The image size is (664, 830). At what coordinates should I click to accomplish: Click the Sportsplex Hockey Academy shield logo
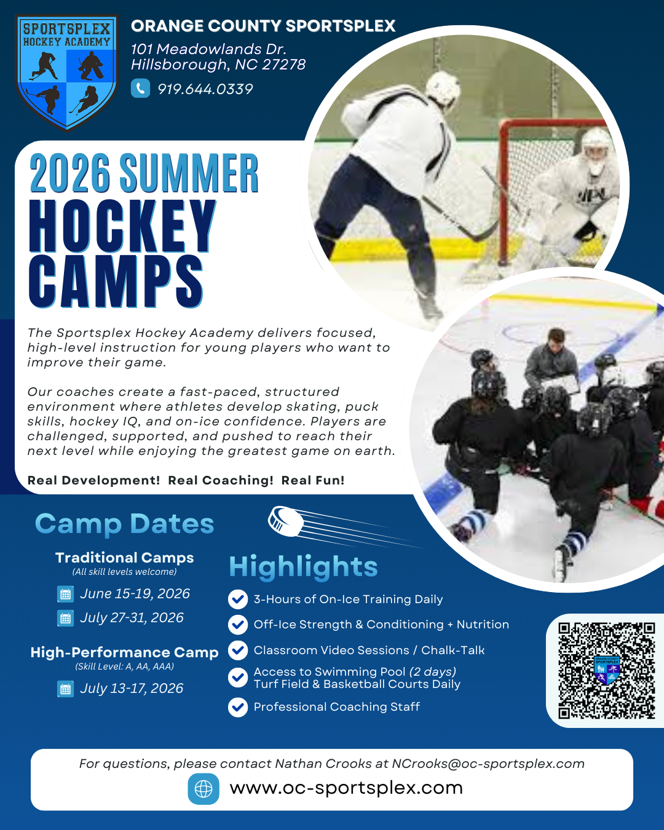point(67,72)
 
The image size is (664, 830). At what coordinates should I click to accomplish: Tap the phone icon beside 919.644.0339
point(140,89)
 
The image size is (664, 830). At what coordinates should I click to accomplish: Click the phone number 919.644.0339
point(205,89)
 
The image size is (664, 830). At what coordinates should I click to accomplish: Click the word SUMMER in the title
point(189,173)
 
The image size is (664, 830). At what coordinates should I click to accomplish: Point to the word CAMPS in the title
point(116,282)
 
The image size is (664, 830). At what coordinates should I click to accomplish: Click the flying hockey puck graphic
point(286,521)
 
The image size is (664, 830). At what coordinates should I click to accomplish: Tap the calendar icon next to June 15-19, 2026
point(66,594)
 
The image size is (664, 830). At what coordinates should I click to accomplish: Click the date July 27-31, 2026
point(132,618)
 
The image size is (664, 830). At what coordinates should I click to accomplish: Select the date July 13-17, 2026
point(132,689)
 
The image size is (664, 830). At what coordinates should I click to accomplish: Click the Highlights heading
point(303,567)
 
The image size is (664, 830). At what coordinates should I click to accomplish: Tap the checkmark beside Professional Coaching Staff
point(238,708)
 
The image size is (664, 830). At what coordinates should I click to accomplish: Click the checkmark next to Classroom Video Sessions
point(238,650)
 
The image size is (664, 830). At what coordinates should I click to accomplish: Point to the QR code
point(607,671)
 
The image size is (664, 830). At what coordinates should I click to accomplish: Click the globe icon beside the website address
point(204,789)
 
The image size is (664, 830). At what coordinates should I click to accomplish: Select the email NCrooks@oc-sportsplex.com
point(488,764)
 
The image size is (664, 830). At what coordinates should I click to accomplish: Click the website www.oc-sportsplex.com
point(346,788)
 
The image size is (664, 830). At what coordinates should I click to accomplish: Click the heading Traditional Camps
point(125,558)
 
